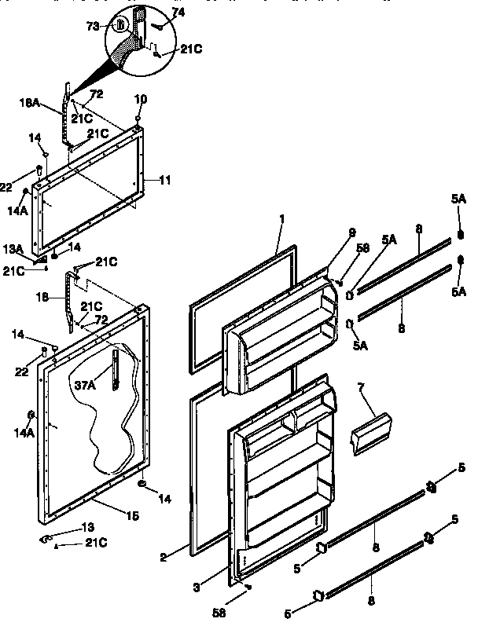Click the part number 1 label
(281, 218)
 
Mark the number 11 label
(164, 180)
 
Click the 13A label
(13, 248)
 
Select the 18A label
(29, 102)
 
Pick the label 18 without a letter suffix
(44, 298)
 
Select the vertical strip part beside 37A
(116, 369)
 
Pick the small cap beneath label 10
(138, 120)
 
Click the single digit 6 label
(31, 413)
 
